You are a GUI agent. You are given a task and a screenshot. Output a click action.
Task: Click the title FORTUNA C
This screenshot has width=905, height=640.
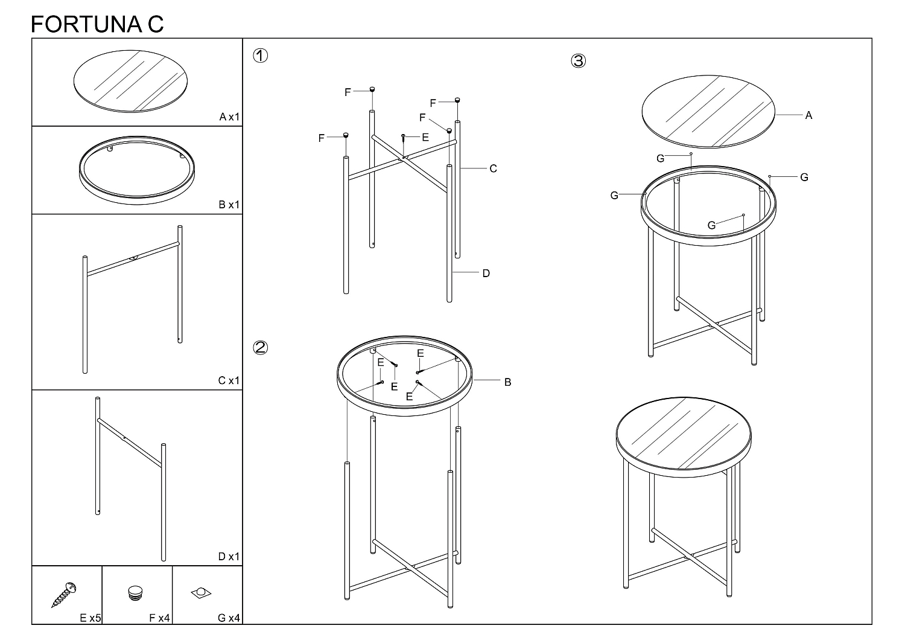[97, 24]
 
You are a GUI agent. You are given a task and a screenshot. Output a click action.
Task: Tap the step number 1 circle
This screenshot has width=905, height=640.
[260, 56]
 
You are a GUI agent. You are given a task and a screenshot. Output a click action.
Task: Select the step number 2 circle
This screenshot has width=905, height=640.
[260, 347]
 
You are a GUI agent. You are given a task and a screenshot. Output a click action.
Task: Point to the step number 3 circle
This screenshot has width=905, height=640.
[578, 60]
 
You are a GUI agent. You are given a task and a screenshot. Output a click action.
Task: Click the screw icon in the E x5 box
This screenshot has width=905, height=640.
[64, 594]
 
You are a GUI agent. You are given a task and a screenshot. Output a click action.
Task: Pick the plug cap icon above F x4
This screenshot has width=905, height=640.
[135, 593]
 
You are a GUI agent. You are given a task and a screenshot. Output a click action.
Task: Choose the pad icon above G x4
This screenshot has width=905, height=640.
[201, 593]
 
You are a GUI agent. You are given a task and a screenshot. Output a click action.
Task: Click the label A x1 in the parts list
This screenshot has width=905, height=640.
[229, 117]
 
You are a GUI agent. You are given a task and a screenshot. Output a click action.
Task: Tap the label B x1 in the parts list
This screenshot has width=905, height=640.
[229, 205]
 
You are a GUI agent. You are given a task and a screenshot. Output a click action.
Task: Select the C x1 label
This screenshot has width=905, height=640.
[229, 380]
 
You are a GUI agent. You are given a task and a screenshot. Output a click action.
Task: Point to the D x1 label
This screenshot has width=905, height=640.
[229, 556]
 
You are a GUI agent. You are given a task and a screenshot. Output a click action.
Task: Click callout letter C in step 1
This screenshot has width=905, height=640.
[493, 168]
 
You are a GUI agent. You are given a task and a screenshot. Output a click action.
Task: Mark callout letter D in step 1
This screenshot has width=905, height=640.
[486, 274]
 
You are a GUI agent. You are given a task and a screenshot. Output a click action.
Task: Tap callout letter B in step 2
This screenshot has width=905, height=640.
[508, 382]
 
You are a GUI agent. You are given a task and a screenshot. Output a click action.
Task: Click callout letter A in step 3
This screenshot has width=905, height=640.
[808, 116]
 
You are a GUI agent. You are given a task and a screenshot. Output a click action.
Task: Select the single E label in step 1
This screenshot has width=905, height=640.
[425, 138]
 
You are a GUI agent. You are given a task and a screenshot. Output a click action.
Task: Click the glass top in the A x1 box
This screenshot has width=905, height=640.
[130, 82]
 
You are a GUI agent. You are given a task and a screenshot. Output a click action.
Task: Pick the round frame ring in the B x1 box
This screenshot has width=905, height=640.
[136, 198]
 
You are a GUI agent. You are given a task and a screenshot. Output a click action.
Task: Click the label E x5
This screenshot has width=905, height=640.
[90, 618]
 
